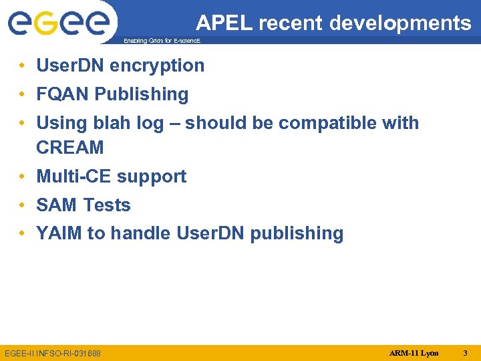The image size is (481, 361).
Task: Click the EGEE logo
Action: coord(58,23)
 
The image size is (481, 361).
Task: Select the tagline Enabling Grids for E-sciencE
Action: coord(162,41)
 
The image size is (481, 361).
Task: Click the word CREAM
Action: coord(70,147)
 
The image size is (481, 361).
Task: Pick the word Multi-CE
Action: coord(74,176)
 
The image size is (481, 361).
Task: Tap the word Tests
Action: coord(106,205)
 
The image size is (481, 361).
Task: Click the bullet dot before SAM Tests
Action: coord(23,205)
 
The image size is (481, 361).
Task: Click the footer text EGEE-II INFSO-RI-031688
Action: coord(53,352)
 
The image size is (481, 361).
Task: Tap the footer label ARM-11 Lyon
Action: coord(414,352)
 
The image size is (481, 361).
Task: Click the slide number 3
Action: coord(466,352)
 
